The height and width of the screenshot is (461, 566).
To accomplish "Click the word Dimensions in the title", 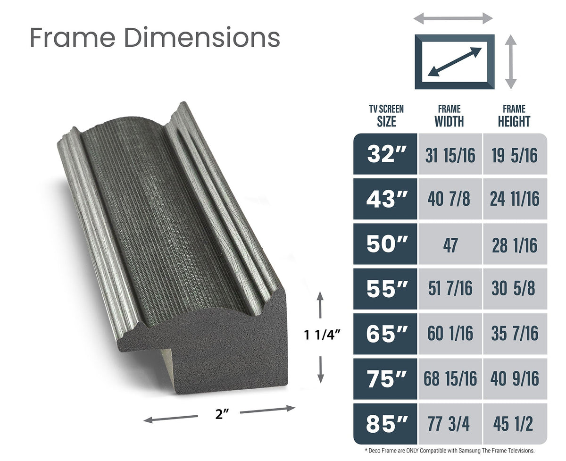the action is click(x=202, y=37).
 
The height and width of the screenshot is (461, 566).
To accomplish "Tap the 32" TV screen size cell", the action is click(x=385, y=154).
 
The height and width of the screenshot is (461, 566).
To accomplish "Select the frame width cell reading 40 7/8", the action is click(x=450, y=199).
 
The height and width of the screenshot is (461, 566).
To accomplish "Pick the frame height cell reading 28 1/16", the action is click(x=515, y=244).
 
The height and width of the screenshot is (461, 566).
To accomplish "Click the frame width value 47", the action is click(x=450, y=245).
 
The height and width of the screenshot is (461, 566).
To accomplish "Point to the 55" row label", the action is click(x=387, y=289).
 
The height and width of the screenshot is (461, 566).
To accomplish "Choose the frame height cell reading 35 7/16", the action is click(x=515, y=334).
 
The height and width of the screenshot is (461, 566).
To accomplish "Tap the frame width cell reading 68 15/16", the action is click(x=450, y=378).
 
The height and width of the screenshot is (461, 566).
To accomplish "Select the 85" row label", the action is click(x=387, y=424).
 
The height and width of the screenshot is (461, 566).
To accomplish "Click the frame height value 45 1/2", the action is click(x=513, y=424).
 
